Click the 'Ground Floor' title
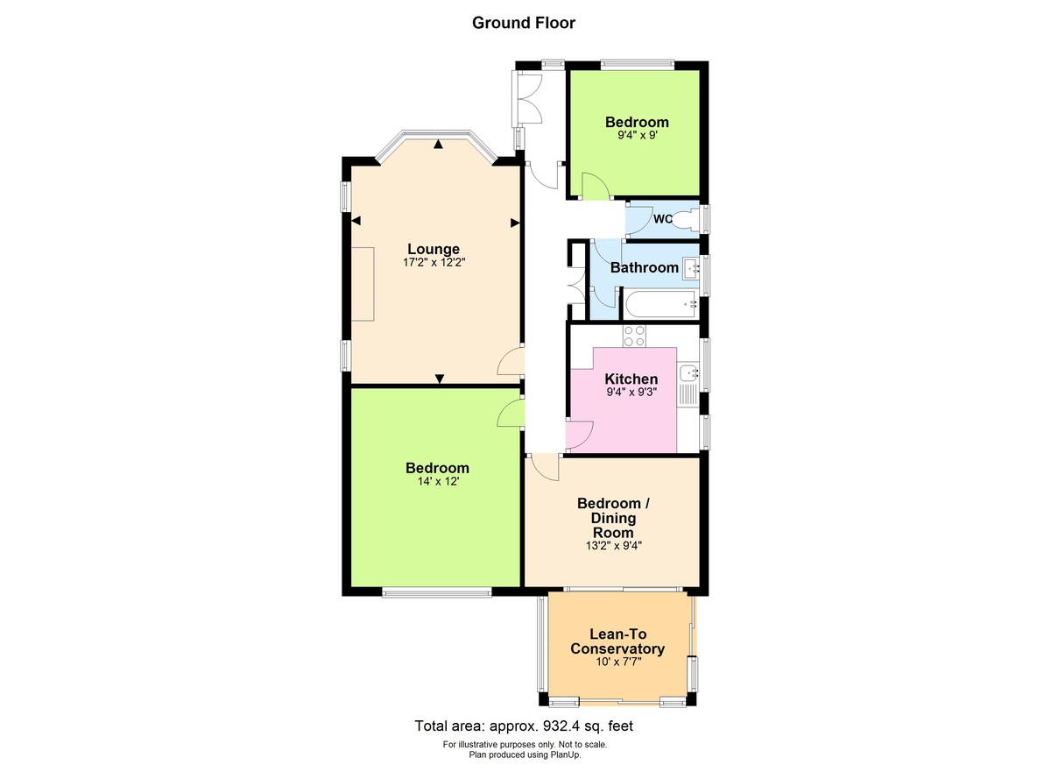524,23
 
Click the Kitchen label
631,379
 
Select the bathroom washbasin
691,267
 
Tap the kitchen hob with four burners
633,335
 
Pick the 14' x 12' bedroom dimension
437,481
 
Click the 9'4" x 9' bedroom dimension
637,136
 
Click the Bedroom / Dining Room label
613,518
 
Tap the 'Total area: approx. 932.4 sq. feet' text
524,726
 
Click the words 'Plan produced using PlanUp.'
524,754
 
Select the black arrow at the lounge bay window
438,144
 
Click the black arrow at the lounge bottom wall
440,379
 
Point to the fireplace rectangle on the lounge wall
363,284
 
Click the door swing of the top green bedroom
593,185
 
